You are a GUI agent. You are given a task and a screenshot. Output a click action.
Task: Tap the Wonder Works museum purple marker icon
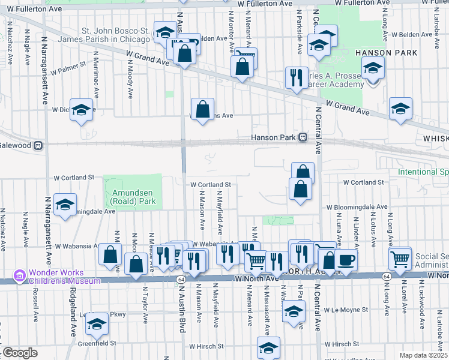pyautogui.click(x=20, y=280)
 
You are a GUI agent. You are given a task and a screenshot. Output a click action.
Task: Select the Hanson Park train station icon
pyautogui.click(x=304, y=137)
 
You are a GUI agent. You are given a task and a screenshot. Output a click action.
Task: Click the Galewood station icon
pyautogui.click(x=38, y=145)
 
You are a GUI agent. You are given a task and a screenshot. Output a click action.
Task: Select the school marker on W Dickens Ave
pyautogui.click(x=82, y=110)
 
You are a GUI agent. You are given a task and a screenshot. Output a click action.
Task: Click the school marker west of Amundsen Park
pyautogui.click(x=65, y=204)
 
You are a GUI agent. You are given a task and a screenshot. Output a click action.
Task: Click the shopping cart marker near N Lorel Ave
pyautogui.click(x=400, y=259)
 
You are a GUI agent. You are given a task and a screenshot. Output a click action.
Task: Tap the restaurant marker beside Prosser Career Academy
pyautogui.click(x=296, y=78)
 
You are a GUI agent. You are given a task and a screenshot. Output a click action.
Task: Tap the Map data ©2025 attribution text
pyautogui.click(x=423, y=355)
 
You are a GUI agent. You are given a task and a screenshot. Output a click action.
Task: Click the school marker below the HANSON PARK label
pyautogui.click(x=373, y=69)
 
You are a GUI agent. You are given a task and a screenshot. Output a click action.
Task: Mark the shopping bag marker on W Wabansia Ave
pyautogui.click(x=110, y=254)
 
